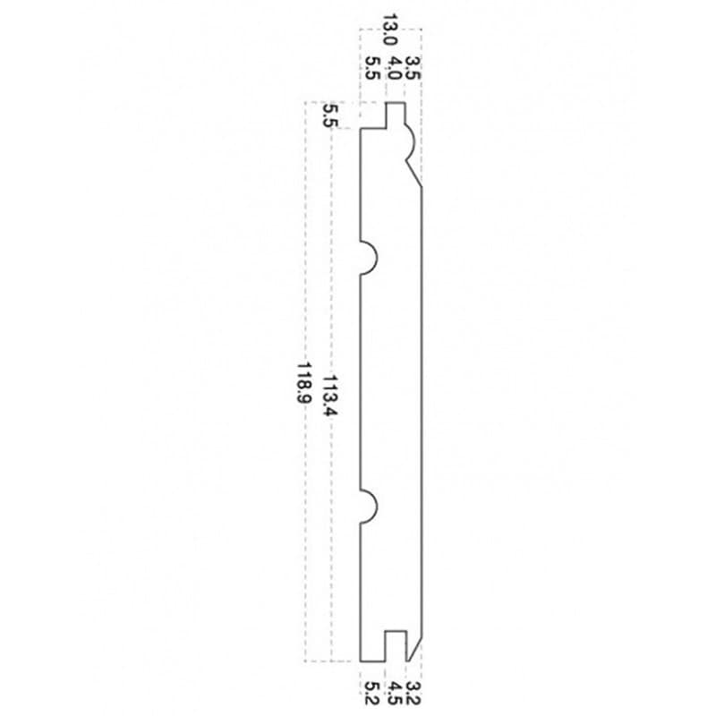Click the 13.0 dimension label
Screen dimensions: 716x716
pyautogui.click(x=389, y=30)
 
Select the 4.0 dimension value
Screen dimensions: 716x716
pyautogui.click(x=393, y=68)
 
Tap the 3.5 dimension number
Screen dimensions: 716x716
pyautogui.click(x=413, y=68)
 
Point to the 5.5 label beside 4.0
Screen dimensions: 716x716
pyautogui.click(x=372, y=68)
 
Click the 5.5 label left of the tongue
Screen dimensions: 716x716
pyautogui.click(x=329, y=115)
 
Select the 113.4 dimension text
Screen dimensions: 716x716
pyautogui.click(x=329, y=396)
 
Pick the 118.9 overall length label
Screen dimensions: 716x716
pyautogui.click(x=303, y=383)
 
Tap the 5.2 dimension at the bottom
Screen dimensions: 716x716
pyautogui.click(x=372, y=693)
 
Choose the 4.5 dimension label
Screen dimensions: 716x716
pyautogui.click(x=394, y=693)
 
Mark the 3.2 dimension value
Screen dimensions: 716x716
pyautogui.click(x=413, y=693)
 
